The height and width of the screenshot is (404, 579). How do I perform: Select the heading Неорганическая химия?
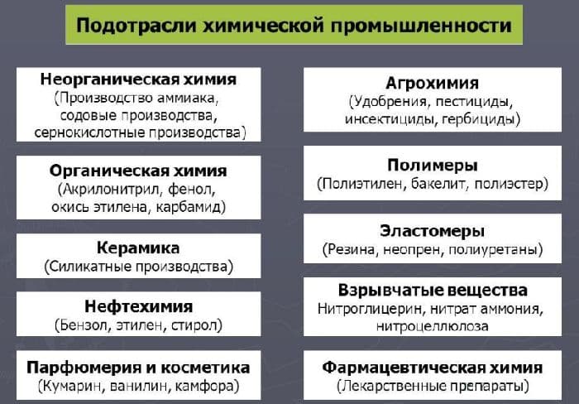pyautogui.click(x=138, y=79)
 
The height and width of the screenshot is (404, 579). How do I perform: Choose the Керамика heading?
pyautogui.click(x=138, y=248)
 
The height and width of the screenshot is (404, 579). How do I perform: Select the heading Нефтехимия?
pyautogui.click(x=138, y=306)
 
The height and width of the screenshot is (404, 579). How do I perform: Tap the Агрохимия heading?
pyautogui.click(x=433, y=84)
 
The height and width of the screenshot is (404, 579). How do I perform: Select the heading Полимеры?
pyautogui.click(x=433, y=165)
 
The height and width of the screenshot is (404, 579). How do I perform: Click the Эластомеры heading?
pyautogui.click(x=433, y=231)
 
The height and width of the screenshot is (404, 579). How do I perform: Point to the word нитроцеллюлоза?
pyautogui.click(x=433, y=325)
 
